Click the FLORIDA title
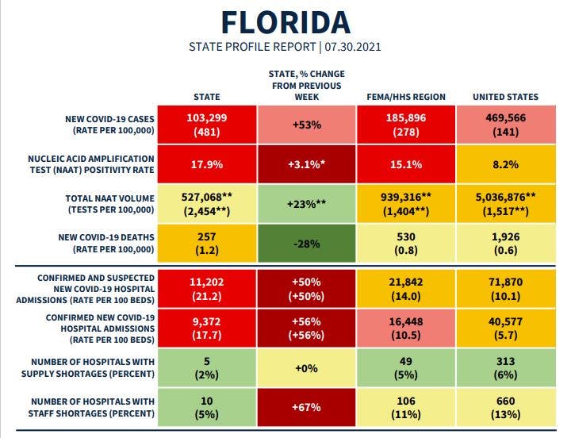(x=285, y=21)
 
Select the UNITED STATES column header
(x=505, y=97)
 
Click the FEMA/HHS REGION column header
(x=407, y=97)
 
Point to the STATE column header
(x=207, y=97)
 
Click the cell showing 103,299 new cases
(x=207, y=125)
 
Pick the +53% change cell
(x=306, y=125)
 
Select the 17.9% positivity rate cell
(x=207, y=165)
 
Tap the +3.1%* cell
(x=306, y=165)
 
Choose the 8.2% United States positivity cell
(x=505, y=165)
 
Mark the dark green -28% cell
(x=306, y=244)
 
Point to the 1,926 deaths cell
(x=505, y=244)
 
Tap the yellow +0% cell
(x=306, y=368)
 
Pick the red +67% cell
(x=306, y=407)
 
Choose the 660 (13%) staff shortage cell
(x=505, y=407)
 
